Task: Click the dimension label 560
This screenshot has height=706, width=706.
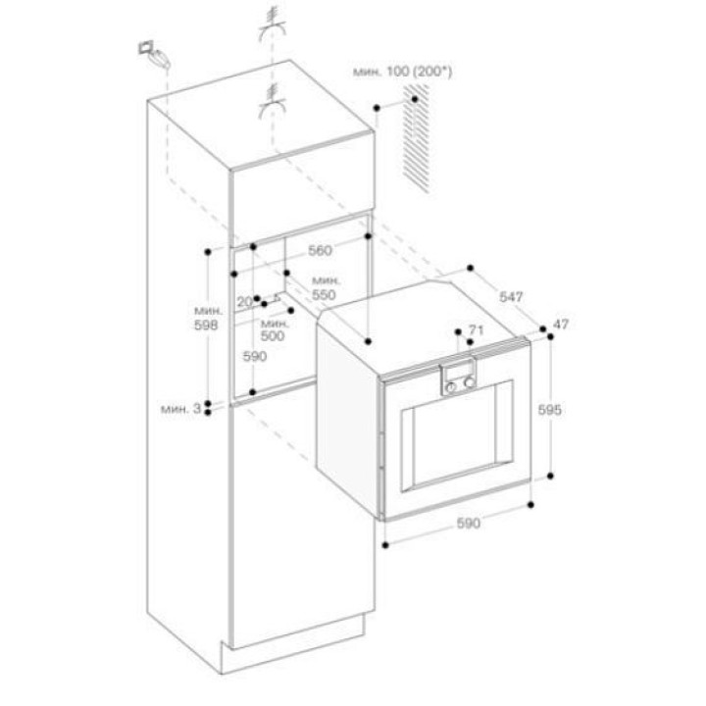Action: tap(320, 250)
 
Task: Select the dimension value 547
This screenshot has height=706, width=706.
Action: tap(511, 297)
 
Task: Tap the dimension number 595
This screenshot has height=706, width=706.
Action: tap(550, 410)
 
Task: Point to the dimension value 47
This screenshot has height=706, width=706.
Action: tap(561, 324)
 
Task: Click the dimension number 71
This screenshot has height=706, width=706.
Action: tap(476, 330)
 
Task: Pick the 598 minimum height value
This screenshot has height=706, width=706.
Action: tap(206, 325)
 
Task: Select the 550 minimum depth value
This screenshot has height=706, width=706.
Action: tap(324, 294)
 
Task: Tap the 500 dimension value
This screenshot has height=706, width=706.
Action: tap(273, 336)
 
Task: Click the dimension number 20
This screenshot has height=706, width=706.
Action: tap(245, 302)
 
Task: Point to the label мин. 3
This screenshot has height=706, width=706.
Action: tap(181, 409)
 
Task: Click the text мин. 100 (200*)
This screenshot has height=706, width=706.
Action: tap(402, 72)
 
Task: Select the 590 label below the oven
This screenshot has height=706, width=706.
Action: tap(469, 524)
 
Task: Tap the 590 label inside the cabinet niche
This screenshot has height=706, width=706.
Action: tap(255, 357)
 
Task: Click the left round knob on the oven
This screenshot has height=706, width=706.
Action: tap(451, 387)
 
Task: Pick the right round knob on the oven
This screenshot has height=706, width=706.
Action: tap(470, 382)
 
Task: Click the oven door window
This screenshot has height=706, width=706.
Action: tap(457, 435)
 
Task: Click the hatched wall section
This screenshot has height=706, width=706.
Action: tap(417, 138)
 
